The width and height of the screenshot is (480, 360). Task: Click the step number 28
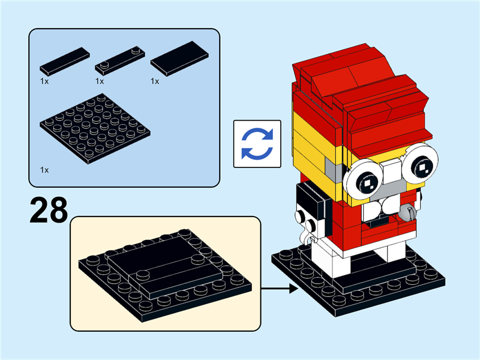coord(48,210)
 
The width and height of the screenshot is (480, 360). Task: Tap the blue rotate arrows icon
coord(257,143)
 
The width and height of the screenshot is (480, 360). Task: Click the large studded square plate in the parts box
coord(95,129)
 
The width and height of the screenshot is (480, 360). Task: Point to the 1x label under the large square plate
coord(44,170)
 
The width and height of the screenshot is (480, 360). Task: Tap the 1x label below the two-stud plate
coord(100,80)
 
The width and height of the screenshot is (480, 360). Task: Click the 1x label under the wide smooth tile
coord(155,80)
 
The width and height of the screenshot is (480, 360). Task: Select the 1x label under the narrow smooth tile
coord(44,80)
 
